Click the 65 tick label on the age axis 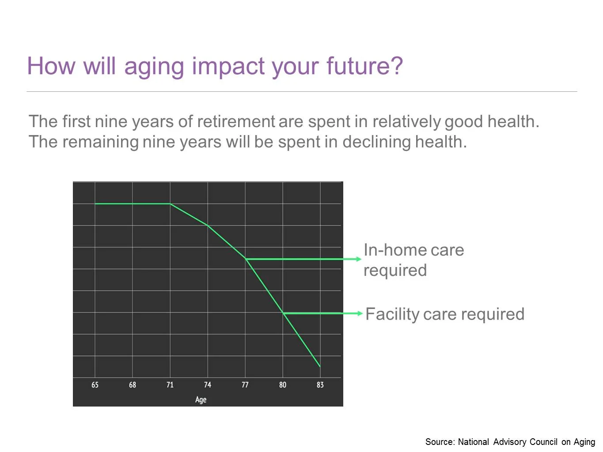pos(95,385)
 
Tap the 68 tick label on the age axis pos(133,385)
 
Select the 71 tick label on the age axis pos(170,385)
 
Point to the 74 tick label pos(208,385)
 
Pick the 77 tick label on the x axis pos(245,385)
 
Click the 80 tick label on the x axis pos(283,385)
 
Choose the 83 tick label pos(320,385)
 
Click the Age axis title pos(201,399)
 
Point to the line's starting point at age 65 pos(95,203)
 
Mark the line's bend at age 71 pos(170,203)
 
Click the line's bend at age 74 pos(208,226)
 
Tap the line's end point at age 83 pos(320,366)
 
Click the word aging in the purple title pos(154,67)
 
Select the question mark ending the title pos(396,66)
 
